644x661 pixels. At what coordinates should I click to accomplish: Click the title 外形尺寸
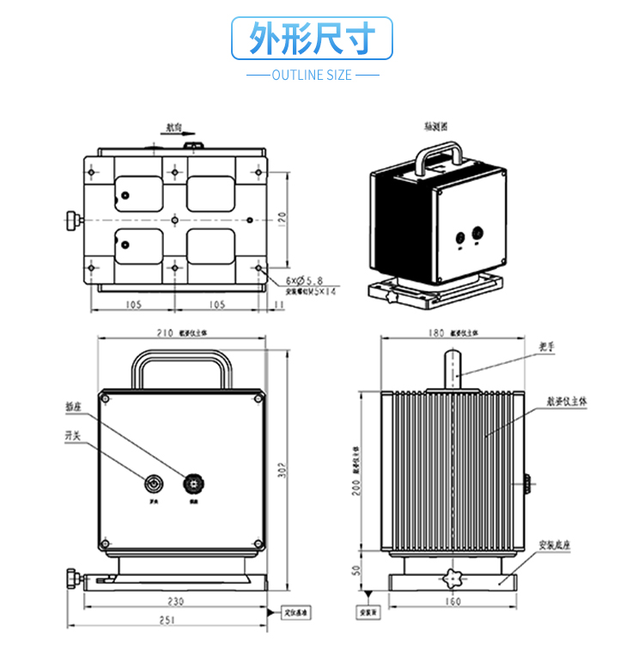(x=313, y=39)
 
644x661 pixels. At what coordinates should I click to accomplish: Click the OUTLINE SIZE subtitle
(x=312, y=76)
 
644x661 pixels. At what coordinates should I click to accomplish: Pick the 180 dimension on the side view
(x=435, y=333)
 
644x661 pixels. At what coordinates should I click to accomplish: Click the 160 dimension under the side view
(x=453, y=602)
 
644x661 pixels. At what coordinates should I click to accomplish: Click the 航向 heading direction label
(x=173, y=127)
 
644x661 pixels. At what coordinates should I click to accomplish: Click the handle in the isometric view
(x=440, y=157)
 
